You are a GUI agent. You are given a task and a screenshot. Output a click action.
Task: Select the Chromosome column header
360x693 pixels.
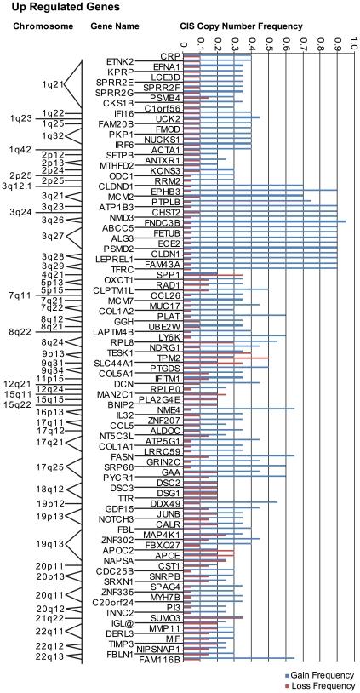click(39, 26)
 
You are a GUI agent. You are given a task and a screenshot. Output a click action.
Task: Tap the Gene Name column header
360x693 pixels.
click(114, 26)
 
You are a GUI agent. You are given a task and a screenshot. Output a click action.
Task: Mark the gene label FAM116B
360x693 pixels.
click(161, 660)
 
